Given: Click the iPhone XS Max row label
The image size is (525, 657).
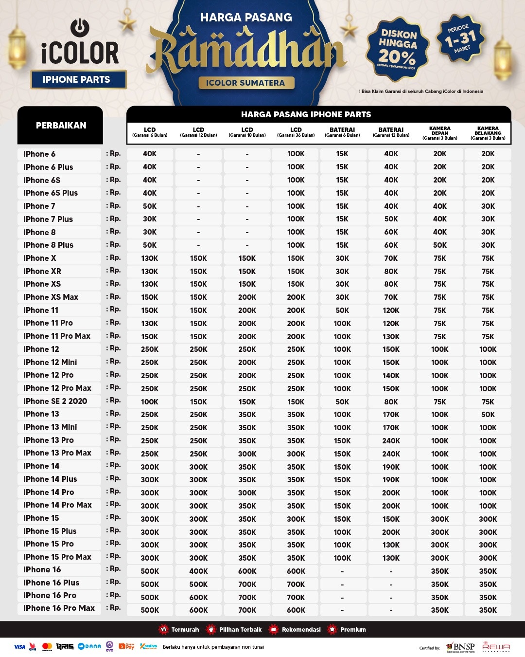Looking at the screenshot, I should pyautogui.click(x=51, y=297).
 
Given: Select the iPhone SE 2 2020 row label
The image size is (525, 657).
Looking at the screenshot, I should pyautogui.click(x=55, y=401).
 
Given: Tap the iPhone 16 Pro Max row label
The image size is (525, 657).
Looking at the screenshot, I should pyautogui.click(x=59, y=608).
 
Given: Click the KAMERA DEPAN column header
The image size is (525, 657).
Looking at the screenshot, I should pyautogui.click(x=439, y=133).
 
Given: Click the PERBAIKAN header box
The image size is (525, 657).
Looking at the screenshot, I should pyautogui.click(x=60, y=125).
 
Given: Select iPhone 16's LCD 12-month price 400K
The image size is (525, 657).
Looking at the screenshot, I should pyautogui.click(x=198, y=571).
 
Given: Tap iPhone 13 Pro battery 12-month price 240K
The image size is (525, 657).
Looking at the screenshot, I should pyautogui.click(x=391, y=440).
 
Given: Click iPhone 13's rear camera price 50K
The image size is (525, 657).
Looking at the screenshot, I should pyautogui.click(x=488, y=414).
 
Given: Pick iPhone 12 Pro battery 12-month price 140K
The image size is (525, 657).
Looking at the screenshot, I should pyautogui.click(x=391, y=375).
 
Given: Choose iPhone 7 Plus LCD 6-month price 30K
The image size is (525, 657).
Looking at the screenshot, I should pyautogui.click(x=150, y=219).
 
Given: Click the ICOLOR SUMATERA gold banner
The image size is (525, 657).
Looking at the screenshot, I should pyautogui.click(x=246, y=83).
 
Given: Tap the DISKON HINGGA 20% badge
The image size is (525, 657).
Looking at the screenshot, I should pyautogui.click(x=398, y=49).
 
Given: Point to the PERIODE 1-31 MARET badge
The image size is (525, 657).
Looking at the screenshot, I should pyautogui.click(x=461, y=38).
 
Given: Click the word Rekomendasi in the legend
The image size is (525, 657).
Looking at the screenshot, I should pyautogui.click(x=301, y=629).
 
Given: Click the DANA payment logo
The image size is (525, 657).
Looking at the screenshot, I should pyautogui.click(x=89, y=646).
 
